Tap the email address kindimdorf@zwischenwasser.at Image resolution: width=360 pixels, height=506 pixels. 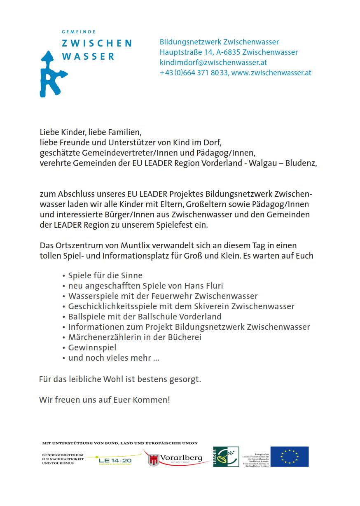tap(213, 63)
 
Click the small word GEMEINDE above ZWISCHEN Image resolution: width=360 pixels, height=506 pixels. tap(78, 32)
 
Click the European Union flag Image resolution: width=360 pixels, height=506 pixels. tap(289, 457)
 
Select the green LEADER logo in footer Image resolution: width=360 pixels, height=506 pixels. tap(226, 457)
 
